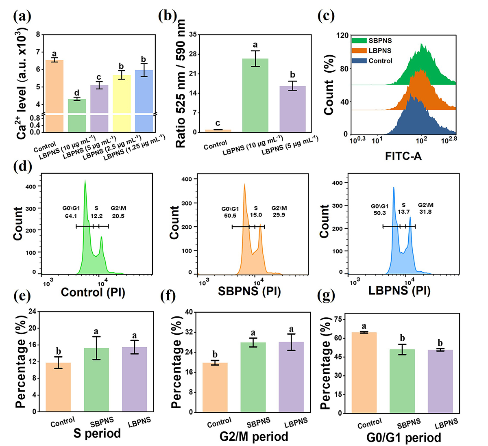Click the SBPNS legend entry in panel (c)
pyautogui.click(x=380, y=41)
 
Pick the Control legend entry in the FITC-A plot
pyautogui.click(x=380, y=61)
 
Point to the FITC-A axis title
pyautogui.click(x=403, y=156)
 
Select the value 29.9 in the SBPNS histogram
pyautogui.click(x=279, y=215)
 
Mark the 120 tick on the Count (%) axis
pyautogui.click(x=341, y=35)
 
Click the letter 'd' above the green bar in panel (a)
pyautogui.click(x=76, y=93)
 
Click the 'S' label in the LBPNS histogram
pyautogui.click(x=403, y=205)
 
